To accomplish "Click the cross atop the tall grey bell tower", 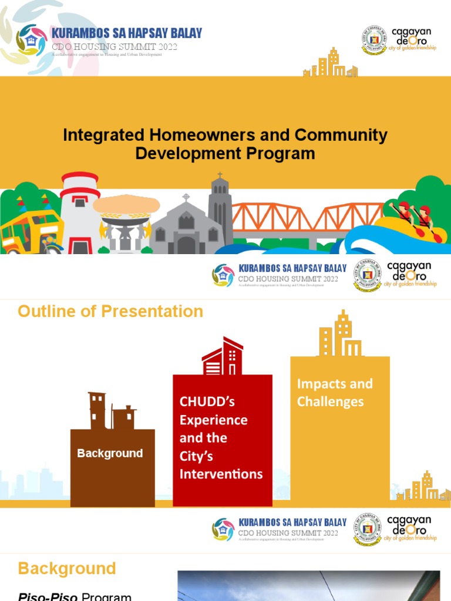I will pyautogui.click(x=220, y=176).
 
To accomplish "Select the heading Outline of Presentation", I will pyautogui.click(x=110, y=311).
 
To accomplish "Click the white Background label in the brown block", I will pyautogui.click(x=110, y=453).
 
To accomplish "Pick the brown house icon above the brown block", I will pyautogui.click(x=112, y=411).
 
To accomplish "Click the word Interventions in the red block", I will pyautogui.click(x=221, y=474).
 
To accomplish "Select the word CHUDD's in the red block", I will pyautogui.click(x=207, y=402).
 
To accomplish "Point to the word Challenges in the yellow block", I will pyautogui.click(x=330, y=402).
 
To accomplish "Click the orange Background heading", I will pyautogui.click(x=67, y=568).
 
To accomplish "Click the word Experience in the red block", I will pyautogui.click(x=213, y=420).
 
